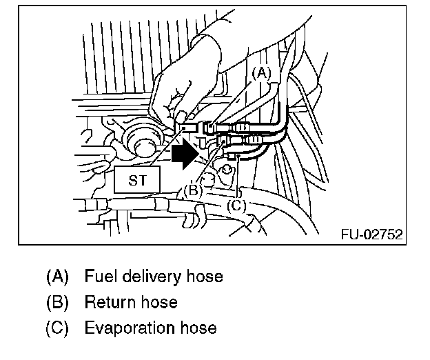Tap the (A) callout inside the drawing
coord(261,72)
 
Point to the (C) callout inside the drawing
coord(236,205)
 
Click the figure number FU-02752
coord(371,234)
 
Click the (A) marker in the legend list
coord(58,277)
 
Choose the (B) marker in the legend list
coord(58,302)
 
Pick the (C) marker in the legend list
coord(58,328)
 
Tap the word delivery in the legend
coord(152,277)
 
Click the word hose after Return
coord(156,302)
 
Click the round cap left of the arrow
coord(145,146)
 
